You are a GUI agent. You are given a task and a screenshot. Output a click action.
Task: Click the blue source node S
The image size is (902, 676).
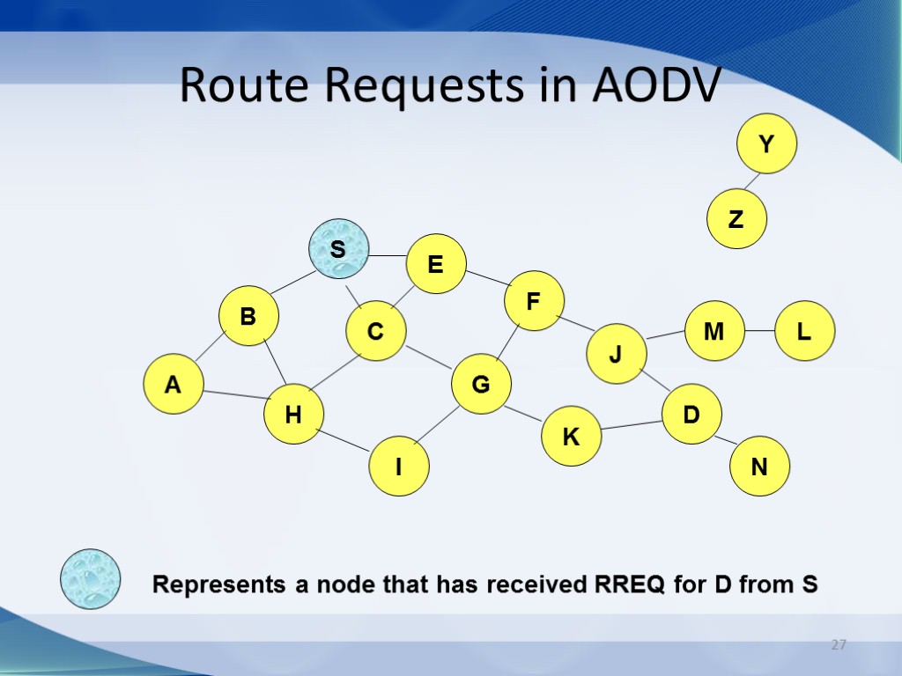click(x=338, y=249)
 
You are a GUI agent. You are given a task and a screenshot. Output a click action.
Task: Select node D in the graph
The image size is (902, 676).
click(x=691, y=413)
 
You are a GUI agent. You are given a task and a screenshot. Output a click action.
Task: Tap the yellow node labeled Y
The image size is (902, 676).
click(x=767, y=143)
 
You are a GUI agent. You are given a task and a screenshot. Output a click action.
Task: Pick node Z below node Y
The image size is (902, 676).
click(x=737, y=219)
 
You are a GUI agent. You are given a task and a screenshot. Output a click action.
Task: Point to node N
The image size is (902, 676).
click(x=759, y=467)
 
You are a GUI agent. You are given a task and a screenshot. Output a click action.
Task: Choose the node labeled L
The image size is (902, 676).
click(x=804, y=331)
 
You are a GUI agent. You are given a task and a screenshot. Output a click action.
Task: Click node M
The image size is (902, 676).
click(x=714, y=331)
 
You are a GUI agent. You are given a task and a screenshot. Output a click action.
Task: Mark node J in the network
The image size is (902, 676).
click(x=617, y=354)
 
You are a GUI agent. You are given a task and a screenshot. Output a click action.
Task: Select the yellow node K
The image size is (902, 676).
click(x=571, y=436)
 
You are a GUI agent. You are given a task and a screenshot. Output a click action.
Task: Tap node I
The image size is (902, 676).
click(x=398, y=467)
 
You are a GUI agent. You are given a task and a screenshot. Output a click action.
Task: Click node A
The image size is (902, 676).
click(x=174, y=384)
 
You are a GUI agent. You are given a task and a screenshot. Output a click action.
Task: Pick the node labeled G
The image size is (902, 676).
click(x=481, y=384)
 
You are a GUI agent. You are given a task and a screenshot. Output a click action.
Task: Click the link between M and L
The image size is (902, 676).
click(x=759, y=331)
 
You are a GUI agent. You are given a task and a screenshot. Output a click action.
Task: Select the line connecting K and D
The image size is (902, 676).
click(x=632, y=425)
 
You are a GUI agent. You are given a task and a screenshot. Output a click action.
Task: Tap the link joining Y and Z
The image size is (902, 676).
click(x=751, y=180)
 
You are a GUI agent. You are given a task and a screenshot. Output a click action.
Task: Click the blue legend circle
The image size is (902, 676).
click(x=90, y=579)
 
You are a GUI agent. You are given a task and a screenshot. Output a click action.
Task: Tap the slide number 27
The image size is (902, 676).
click(x=839, y=645)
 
